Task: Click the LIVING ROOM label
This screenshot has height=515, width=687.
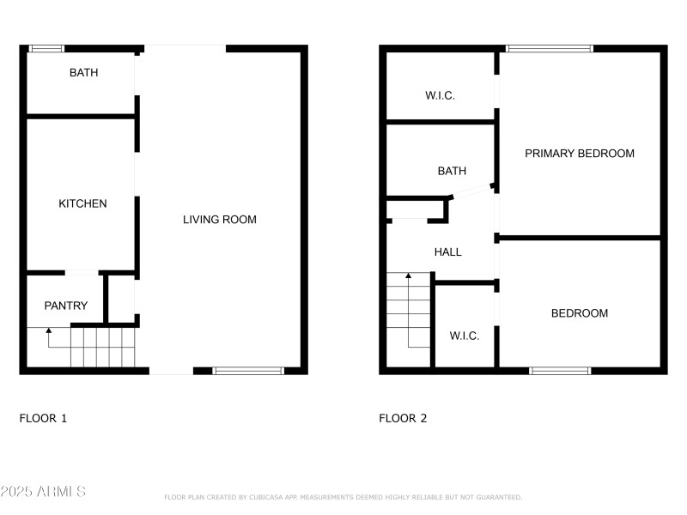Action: pos(220,220)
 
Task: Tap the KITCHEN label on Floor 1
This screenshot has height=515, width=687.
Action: pos(82,204)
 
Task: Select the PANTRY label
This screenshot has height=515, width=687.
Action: pos(66,306)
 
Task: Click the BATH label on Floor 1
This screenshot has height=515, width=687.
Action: pos(83,73)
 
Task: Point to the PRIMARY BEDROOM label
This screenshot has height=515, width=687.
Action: pos(580,154)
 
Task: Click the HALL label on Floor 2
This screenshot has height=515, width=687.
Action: pos(447,252)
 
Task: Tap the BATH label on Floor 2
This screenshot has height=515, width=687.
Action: pos(452,172)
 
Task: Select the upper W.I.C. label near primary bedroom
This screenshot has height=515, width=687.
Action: pos(440,96)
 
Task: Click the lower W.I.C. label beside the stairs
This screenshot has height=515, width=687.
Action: pos(465,336)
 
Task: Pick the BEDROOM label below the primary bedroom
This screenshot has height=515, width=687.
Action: pos(579,313)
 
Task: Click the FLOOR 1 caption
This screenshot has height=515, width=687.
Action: pos(43,419)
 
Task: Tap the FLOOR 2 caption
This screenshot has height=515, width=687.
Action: pos(403,419)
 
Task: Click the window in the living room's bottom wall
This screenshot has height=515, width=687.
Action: pos(247,371)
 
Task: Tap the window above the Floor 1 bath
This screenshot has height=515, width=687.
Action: pos(46,49)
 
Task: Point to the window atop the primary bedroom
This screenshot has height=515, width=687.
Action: pos(549,49)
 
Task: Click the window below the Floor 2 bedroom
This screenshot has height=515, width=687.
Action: pos(559,371)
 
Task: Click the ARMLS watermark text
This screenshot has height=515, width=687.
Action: pos(43,492)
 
